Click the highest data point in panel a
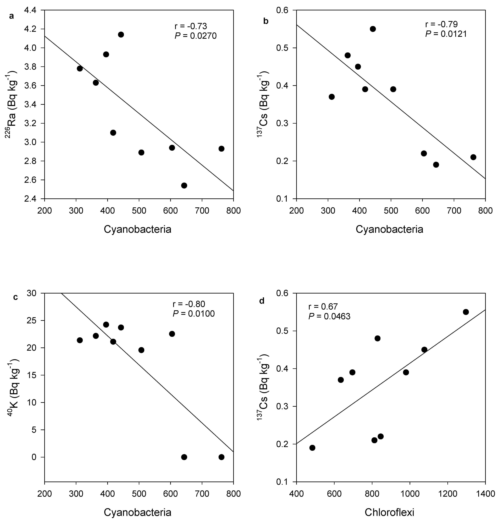click(121, 35)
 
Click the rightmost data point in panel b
click(473, 157)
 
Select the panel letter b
click(266, 21)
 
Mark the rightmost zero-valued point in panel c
click(221, 457)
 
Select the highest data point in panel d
click(466, 312)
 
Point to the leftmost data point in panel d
click(312, 448)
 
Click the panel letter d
click(262, 301)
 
